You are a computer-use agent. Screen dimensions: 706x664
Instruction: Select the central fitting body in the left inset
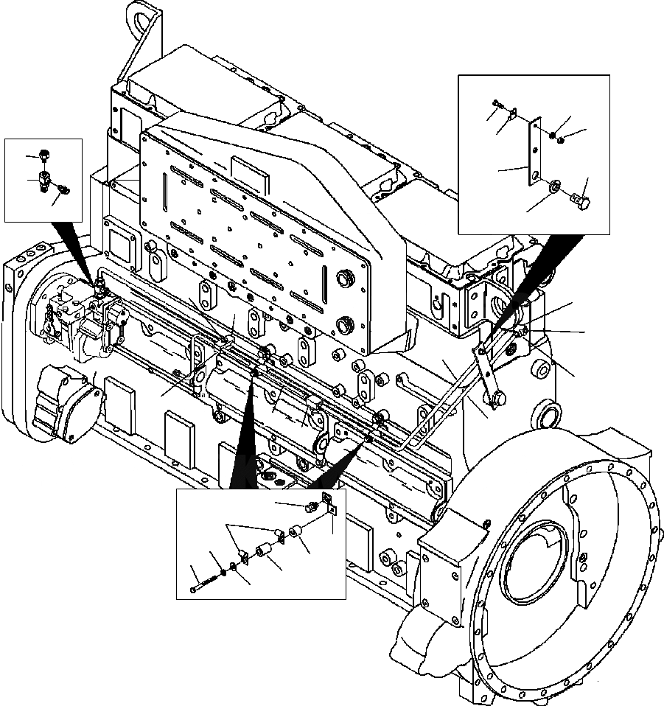(45, 180)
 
